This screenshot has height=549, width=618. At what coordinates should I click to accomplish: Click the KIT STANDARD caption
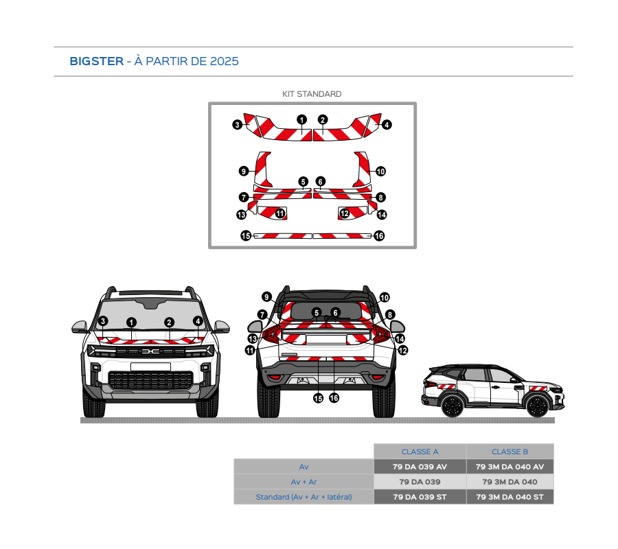312,94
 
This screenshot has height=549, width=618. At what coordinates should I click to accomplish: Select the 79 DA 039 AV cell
420,467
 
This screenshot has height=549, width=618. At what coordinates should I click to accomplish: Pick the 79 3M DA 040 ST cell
510,497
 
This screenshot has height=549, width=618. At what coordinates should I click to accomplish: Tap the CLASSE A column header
420,452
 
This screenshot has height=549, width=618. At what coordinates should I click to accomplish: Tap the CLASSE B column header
510,452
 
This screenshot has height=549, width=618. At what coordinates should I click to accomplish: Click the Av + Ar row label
304,482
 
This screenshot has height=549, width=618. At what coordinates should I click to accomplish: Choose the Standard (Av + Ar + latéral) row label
304,497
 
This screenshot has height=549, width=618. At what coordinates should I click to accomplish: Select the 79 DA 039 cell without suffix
420,482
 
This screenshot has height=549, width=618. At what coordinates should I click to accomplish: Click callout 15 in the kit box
246,235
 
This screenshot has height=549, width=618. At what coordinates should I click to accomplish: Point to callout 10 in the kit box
380,171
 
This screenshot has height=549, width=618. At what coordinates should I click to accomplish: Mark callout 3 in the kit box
237,125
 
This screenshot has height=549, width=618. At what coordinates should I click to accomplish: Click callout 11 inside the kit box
280,214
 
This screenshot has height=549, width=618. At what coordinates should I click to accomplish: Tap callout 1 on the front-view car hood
132,322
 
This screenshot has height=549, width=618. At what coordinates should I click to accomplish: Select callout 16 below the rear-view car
334,397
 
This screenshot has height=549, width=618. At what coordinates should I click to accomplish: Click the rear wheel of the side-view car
451,406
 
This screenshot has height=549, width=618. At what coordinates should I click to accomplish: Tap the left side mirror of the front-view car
80,327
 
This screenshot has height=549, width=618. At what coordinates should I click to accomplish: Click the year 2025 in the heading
225,61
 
